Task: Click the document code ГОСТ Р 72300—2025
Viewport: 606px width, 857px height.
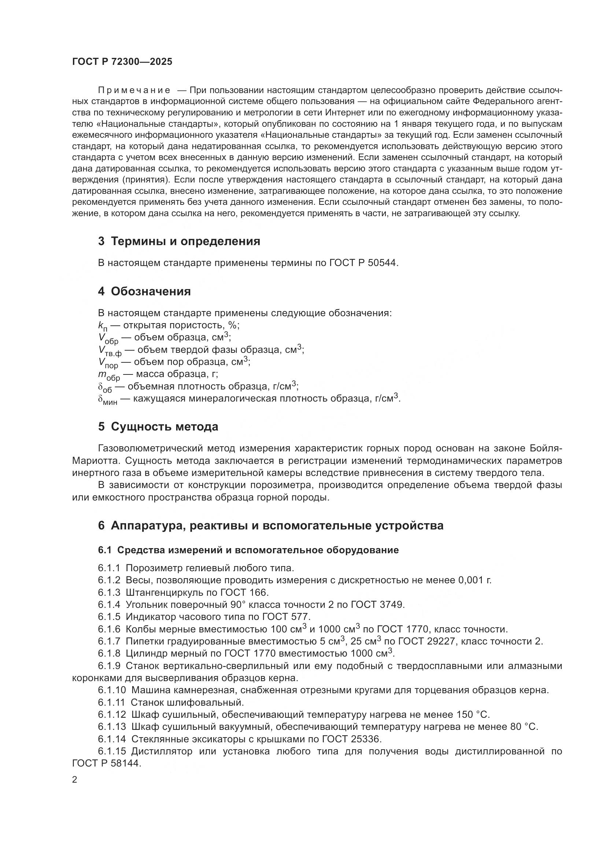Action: pos(122,62)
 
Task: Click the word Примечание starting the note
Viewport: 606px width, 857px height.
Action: pos(134,90)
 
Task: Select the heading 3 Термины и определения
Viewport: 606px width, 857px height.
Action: pos(179,241)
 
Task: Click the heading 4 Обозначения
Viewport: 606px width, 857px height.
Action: pos(144,292)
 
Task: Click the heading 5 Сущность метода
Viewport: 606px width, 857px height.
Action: pos(158,426)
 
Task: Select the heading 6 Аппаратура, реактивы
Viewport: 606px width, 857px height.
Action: pos(270,525)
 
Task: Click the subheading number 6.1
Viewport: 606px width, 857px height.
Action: pos(105,550)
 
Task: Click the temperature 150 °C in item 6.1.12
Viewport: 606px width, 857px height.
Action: pos(473,714)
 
